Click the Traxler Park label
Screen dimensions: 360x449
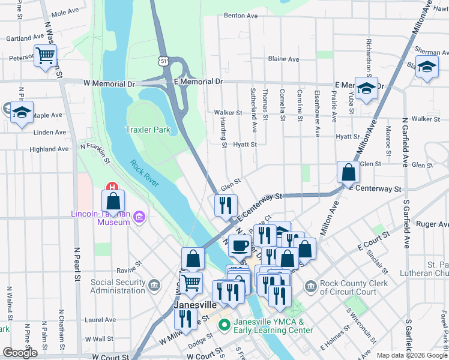[x=148, y=130]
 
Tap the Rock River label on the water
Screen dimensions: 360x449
[x=144, y=173]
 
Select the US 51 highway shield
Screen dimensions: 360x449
[x=164, y=61]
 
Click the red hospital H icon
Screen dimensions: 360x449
[x=110, y=187]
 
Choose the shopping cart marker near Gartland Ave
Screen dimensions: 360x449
[x=46, y=56]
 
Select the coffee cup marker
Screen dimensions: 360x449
[x=240, y=245]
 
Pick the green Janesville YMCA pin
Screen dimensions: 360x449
[x=224, y=326]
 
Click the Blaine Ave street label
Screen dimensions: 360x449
[x=283, y=59]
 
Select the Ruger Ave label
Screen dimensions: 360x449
[x=431, y=224]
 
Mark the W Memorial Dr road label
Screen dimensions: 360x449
[x=109, y=83]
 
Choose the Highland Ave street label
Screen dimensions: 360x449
[x=49, y=149]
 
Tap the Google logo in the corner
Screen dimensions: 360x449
[x=20, y=353]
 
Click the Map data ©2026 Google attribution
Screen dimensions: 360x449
[x=411, y=355]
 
